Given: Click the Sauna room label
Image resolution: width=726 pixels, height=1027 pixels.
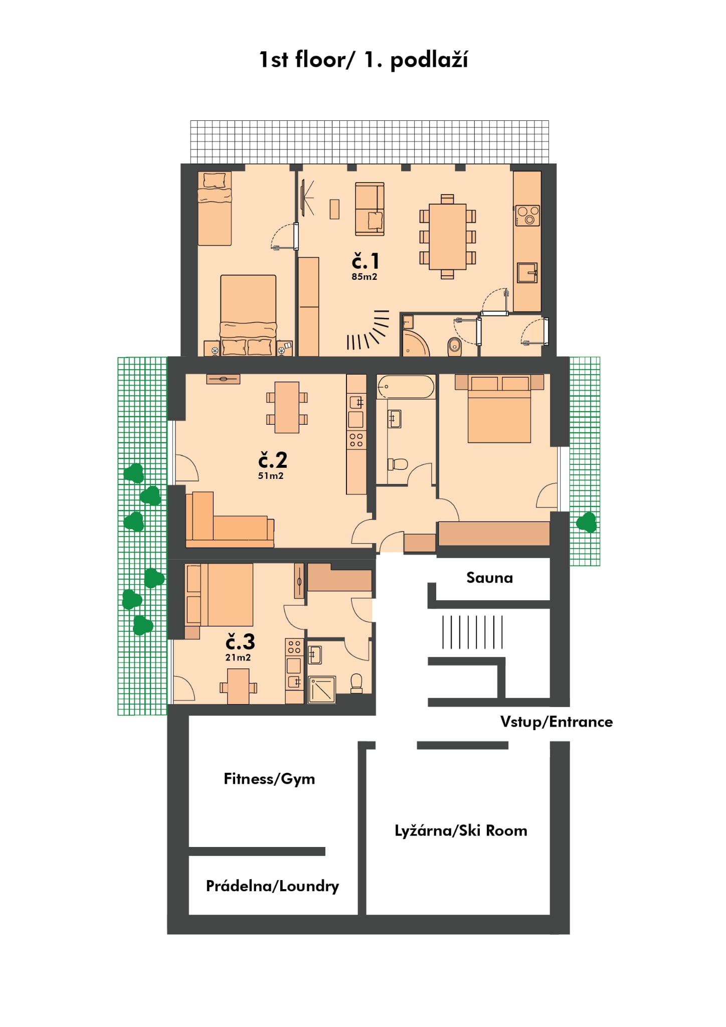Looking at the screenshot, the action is click(489, 578).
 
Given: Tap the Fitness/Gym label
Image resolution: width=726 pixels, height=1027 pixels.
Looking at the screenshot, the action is click(269, 779).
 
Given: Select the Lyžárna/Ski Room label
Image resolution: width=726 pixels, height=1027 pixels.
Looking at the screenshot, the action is click(461, 830).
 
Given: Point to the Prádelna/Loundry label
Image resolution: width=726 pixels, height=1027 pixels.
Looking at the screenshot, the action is click(272, 886).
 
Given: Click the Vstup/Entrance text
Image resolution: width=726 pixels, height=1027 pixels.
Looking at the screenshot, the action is click(557, 722).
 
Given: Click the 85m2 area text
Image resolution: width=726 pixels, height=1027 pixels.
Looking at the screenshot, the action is click(364, 276).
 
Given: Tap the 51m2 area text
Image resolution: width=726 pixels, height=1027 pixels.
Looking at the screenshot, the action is click(271, 475).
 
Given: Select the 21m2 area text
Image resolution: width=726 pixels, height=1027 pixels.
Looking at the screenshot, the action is click(238, 657).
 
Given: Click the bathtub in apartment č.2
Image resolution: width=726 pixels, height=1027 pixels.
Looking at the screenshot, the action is click(406, 387).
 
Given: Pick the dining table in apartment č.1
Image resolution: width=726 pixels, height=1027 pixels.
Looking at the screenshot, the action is click(448, 237).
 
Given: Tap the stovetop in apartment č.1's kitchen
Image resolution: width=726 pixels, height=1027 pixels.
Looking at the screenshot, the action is click(527, 216).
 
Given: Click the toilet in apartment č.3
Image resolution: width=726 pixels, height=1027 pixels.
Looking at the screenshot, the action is click(356, 683).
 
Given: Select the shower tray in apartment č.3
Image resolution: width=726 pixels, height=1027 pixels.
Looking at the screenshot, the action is click(322, 690).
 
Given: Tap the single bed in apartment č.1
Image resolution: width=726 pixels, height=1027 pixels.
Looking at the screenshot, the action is click(215, 209).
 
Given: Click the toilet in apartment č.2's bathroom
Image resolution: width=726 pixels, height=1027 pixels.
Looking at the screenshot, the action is click(398, 464).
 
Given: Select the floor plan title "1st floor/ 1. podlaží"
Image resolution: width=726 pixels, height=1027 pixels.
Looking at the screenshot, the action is click(364, 60).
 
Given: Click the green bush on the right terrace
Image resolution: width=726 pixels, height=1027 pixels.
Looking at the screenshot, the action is click(587, 522).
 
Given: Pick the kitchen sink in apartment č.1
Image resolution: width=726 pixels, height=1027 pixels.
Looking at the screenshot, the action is click(527, 272).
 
